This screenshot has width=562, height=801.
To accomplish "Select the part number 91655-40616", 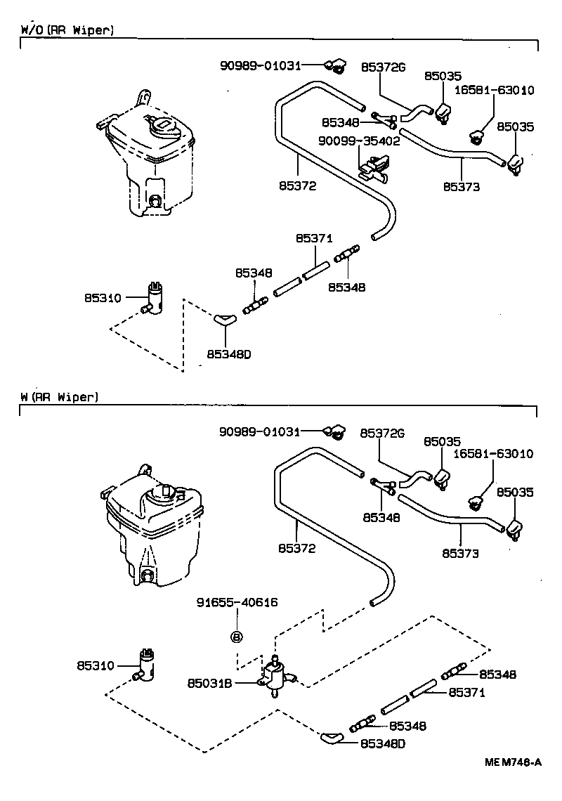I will point(237,602).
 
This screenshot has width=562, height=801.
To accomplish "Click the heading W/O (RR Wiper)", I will point(67,30).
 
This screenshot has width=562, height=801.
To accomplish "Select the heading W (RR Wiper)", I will point(60,397).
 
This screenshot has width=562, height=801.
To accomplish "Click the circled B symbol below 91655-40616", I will point(237,637).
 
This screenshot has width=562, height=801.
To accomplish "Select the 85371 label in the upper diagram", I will point(313,239).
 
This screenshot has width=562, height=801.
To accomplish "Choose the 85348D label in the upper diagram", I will point(229,353).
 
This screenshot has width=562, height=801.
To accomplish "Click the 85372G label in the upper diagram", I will point(384,67).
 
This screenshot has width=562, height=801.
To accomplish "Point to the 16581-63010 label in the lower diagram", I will point(493,455).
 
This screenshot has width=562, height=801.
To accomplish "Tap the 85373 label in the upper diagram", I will point(461,187).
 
